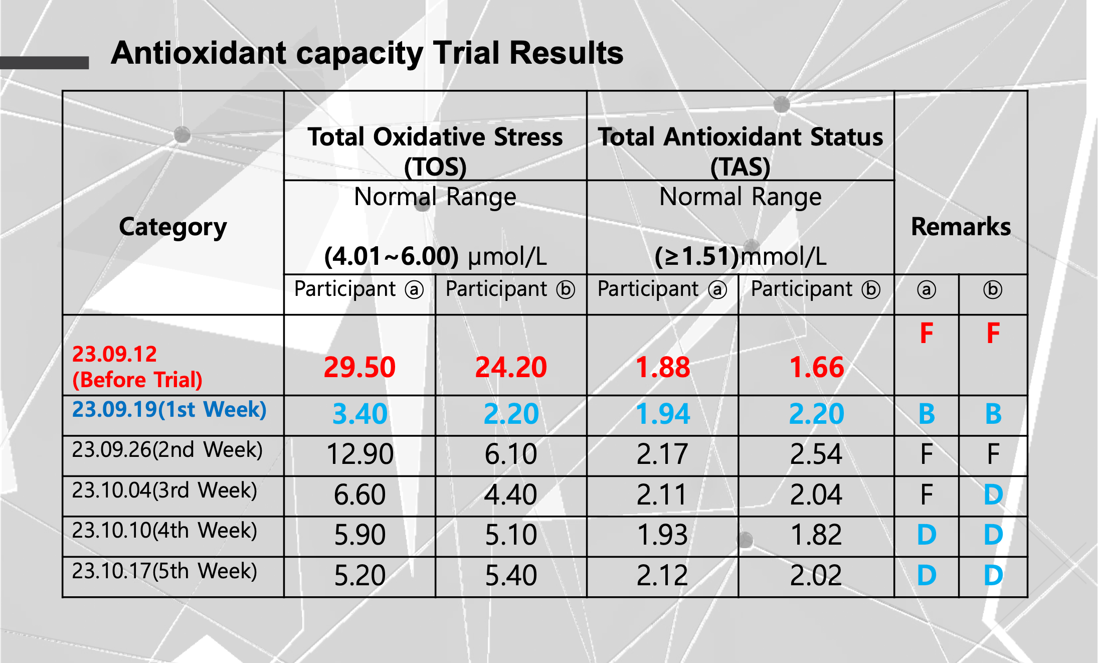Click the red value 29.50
click(x=359, y=367)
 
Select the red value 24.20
click(x=511, y=367)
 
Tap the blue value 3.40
click(x=360, y=414)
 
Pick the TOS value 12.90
click(x=360, y=454)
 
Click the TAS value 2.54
click(x=816, y=454)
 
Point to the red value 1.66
click(x=816, y=367)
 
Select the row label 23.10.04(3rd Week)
click(x=164, y=490)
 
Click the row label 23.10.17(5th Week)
click(x=164, y=571)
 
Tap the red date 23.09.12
click(x=115, y=355)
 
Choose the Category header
click(x=173, y=227)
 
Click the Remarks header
click(x=961, y=227)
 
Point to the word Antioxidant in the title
click(x=199, y=53)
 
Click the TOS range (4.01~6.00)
click(x=391, y=256)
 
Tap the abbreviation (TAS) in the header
click(x=740, y=167)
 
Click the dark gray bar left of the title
click(x=44, y=63)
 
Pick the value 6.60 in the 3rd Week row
click(x=360, y=495)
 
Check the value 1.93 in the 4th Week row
click(x=662, y=535)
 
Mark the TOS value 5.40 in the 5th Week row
click(x=511, y=575)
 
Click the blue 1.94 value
click(x=663, y=414)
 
